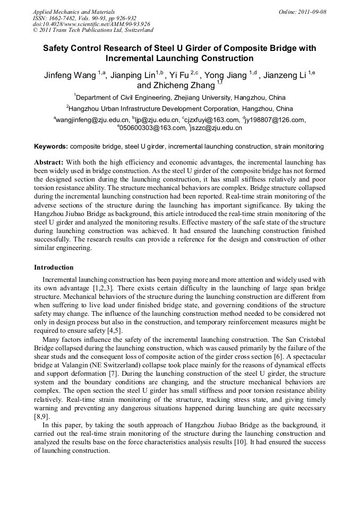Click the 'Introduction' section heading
point(54,267)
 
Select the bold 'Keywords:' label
point(51,146)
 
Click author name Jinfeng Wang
point(70,75)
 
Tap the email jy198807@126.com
point(275,120)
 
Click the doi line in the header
point(91,24)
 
